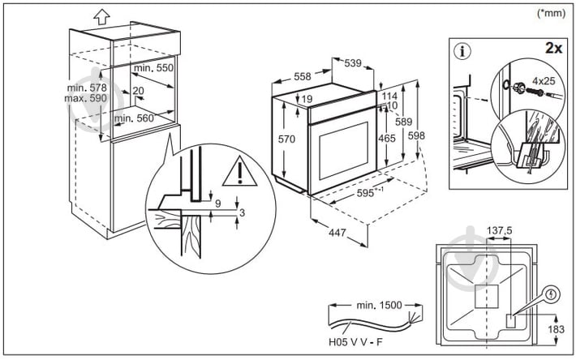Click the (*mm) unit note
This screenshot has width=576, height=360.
(x=552, y=13)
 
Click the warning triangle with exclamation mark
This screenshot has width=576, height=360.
(x=242, y=171)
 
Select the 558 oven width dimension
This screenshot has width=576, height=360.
(x=302, y=76)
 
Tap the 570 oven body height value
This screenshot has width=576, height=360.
(x=286, y=139)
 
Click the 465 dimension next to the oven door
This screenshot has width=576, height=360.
(x=387, y=139)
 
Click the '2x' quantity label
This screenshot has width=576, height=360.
(x=554, y=49)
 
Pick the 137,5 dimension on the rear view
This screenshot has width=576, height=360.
(x=499, y=231)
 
